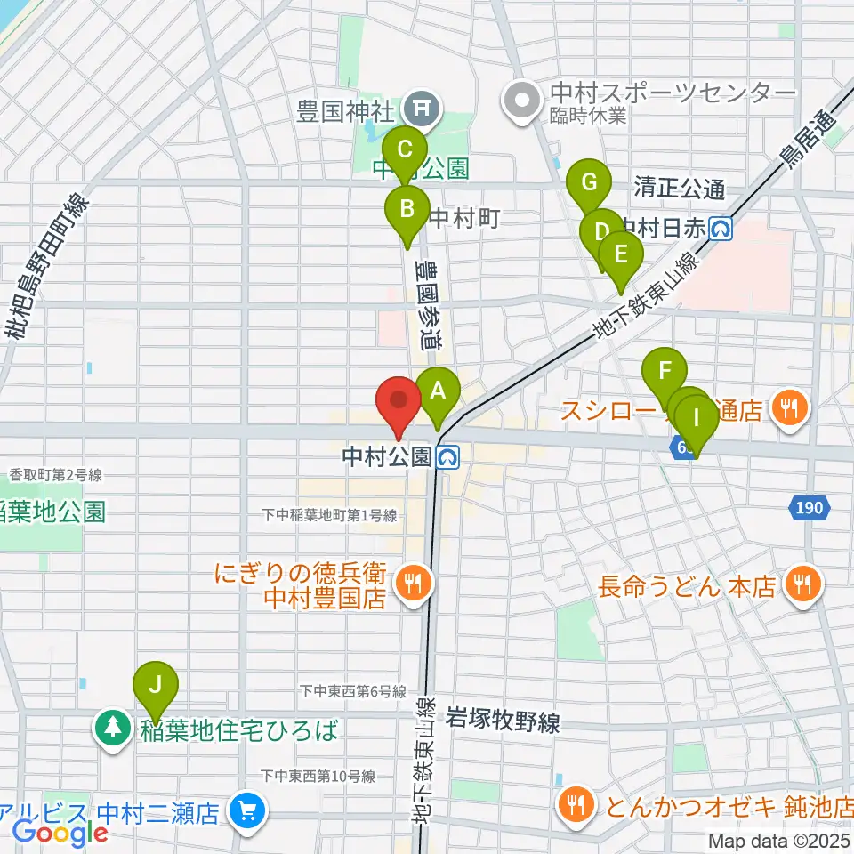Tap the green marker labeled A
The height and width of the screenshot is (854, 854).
[437, 390]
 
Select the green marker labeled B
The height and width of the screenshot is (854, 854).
[407, 210]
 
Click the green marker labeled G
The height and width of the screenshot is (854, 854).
[588, 182]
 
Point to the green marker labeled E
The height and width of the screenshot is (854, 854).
[621, 255]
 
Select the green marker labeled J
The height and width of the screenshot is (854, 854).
[156, 685]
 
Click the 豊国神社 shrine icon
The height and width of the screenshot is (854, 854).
[418, 109]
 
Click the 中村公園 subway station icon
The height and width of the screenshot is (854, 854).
[448, 457]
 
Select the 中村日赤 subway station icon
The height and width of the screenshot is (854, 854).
[721, 230]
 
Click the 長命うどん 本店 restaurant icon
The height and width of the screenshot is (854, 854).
[803, 585]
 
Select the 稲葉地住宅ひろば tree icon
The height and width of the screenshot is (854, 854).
[113, 730]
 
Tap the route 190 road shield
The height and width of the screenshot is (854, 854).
[810, 508]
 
